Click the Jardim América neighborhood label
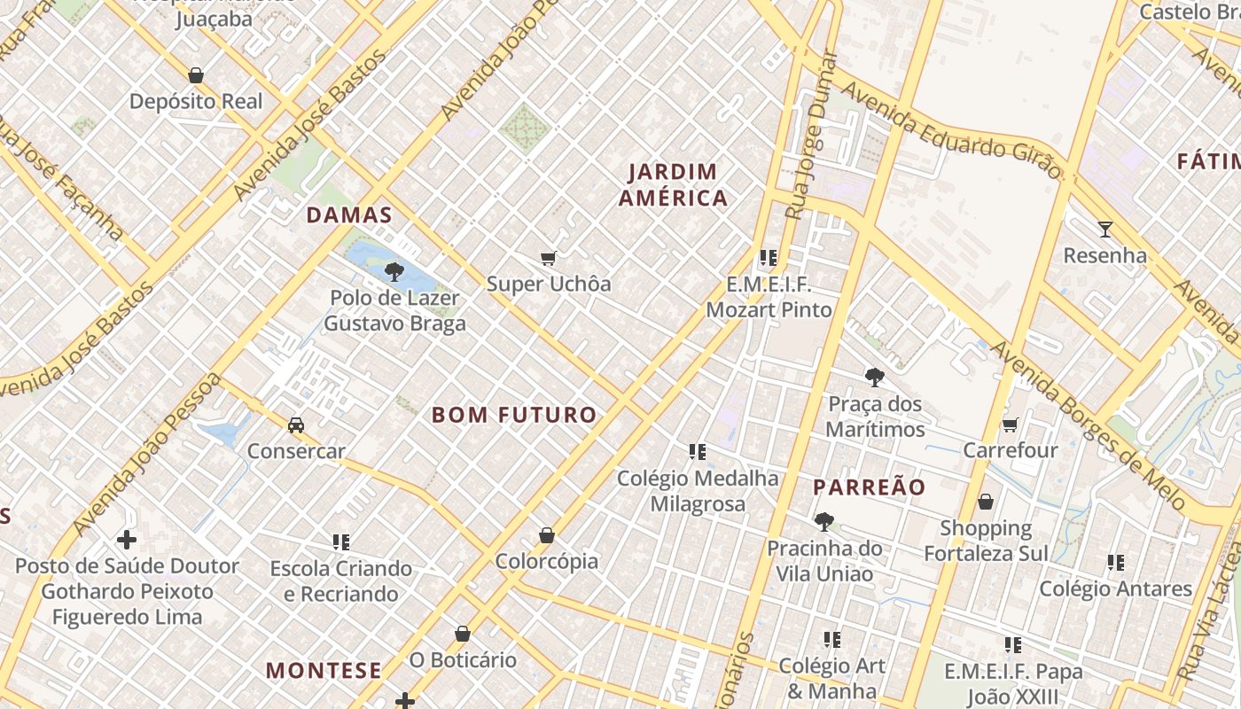tap(674, 184)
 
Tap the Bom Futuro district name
tap(514, 415)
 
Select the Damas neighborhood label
tap(349, 214)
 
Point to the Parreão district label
tap(869, 487)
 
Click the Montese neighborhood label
tap(324, 670)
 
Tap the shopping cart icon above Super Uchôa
tap(548, 259)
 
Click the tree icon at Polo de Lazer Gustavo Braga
tap(394, 272)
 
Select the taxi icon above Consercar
tap(296, 425)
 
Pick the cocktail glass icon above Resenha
tap(1104, 230)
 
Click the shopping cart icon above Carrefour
tap(1010, 425)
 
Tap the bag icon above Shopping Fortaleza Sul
tap(985, 503)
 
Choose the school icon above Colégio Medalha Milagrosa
tap(698, 453)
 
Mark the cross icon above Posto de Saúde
tap(127, 539)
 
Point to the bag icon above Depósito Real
tap(196, 75)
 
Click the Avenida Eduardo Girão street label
tap(950, 131)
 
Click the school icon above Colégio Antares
tap(1115, 563)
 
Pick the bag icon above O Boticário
tap(462, 634)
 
